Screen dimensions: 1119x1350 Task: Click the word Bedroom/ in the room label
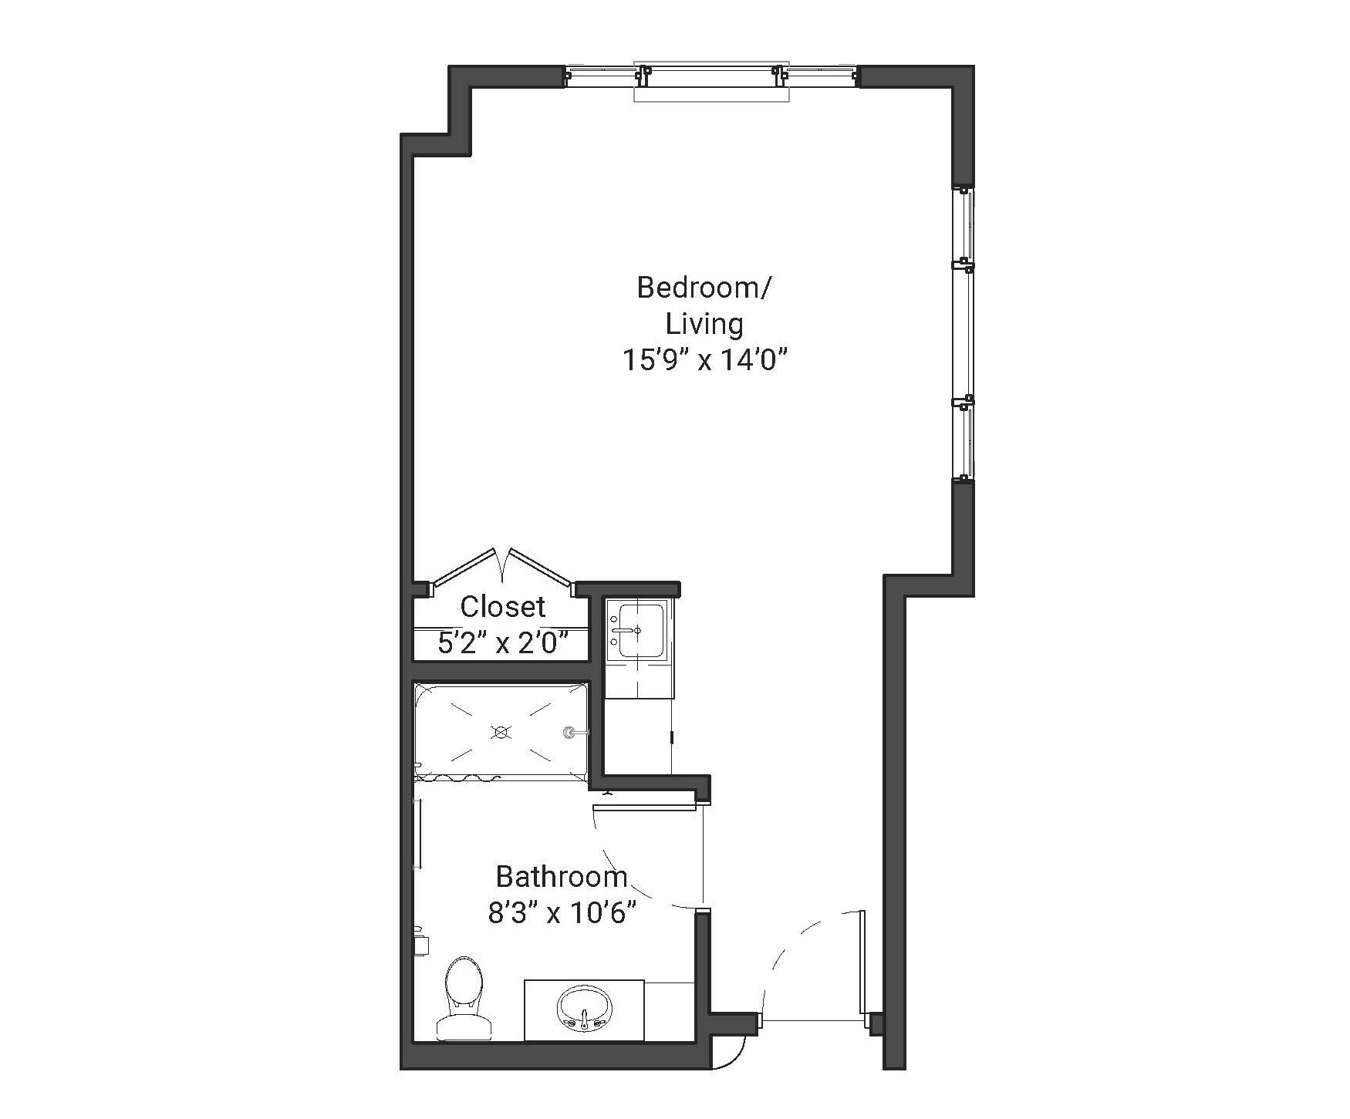[703, 288]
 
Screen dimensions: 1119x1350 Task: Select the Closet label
[502, 607]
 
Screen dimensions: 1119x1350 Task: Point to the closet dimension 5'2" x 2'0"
[502, 642]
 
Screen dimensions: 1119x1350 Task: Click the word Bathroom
[561, 877]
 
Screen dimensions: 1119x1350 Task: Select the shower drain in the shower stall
[502, 732]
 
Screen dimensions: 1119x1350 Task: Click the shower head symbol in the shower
[570, 732]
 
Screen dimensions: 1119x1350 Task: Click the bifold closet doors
[502, 567]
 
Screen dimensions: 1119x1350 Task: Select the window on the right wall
[964, 333]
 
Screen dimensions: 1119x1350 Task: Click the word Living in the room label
[704, 324]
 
